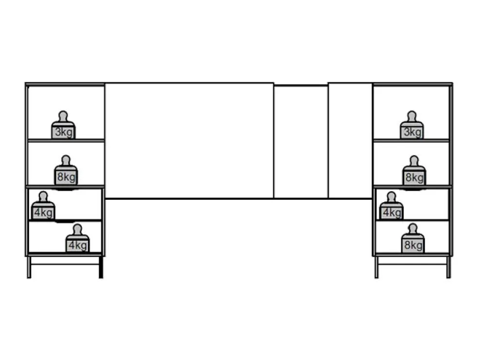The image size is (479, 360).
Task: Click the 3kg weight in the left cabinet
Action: [63, 125]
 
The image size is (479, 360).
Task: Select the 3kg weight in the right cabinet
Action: [412, 125]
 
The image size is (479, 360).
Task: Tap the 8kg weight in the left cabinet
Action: [66, 171]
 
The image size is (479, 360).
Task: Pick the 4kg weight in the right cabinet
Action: [391, 206]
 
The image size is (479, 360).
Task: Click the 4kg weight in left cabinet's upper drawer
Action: [43, 206]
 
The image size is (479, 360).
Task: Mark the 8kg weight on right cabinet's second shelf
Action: [414, 171]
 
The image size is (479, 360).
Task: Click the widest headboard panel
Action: [189, 141]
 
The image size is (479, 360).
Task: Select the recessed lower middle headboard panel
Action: [301, 142]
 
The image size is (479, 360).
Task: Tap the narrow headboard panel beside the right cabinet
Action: [350, 141]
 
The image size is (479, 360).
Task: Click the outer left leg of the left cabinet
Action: [29, 267]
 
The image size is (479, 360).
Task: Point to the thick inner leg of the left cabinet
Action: [101, 267]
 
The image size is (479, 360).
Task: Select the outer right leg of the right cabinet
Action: [448, 267]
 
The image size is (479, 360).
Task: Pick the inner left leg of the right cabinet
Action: [376, 267]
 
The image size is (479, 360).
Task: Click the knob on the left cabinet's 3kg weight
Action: [63, 115]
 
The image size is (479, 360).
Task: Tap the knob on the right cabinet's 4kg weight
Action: [391, 196]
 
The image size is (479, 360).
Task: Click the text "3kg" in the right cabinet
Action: [412, 132]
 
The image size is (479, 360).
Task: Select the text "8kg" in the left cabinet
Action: [66, 177]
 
